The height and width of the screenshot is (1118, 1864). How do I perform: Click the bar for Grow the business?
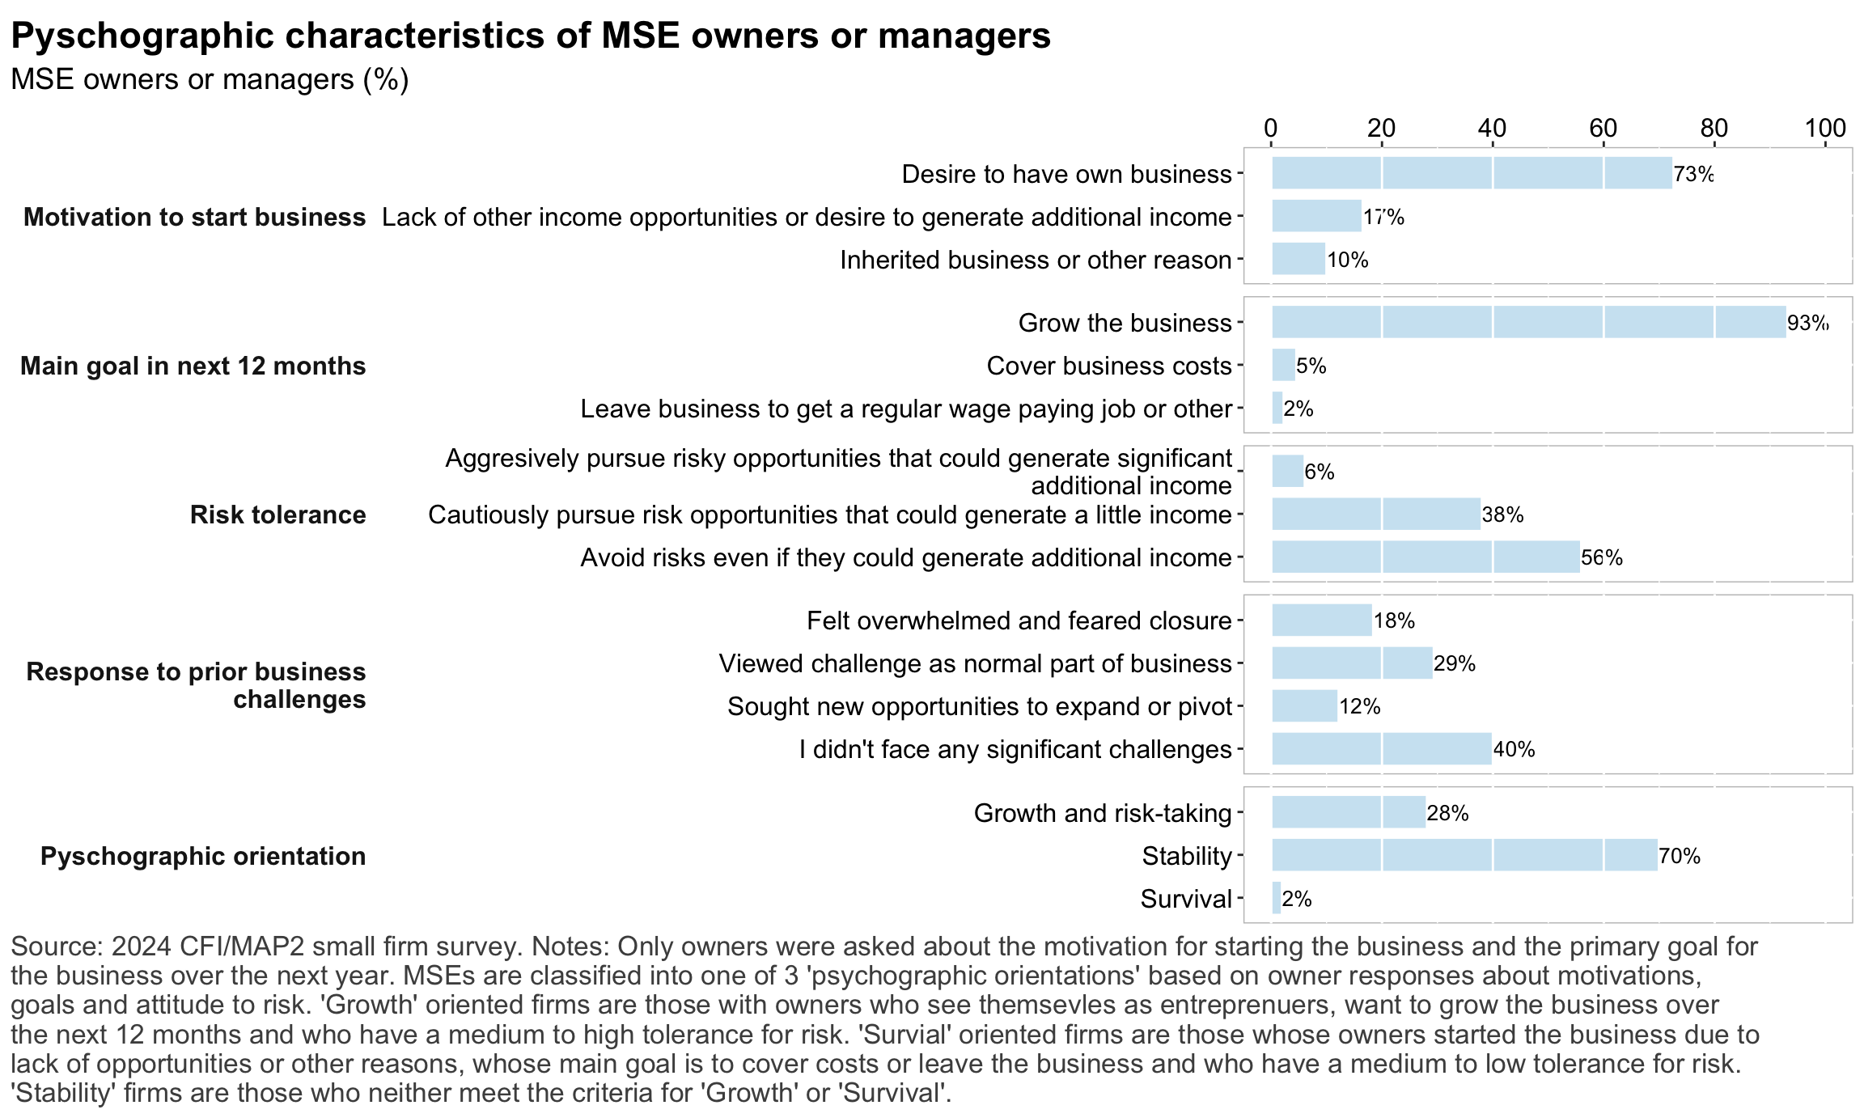coord(1528,322)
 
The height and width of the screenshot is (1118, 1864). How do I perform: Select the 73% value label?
coord(1693,174)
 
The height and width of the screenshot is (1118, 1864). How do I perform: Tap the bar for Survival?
coord(1276,898)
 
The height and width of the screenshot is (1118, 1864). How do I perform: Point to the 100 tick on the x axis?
coord(1825,128)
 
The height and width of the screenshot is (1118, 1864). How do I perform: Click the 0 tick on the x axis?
coord(1271,128)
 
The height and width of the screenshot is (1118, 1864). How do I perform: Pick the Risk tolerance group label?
coord(277,515)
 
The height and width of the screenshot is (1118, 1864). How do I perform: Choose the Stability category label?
coord(1186,856)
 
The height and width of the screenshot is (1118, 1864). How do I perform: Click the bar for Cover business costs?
coord(1283,365)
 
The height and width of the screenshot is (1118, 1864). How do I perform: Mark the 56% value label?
coord(1601,557)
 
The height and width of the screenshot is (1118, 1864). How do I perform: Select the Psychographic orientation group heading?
coord(203,856)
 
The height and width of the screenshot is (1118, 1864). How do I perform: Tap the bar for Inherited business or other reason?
coord(1298,259)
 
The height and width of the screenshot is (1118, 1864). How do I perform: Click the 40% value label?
coord(1514,749)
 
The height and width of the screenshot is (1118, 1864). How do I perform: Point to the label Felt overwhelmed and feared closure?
coord(1019,620)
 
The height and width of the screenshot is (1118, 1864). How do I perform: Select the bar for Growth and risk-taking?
coord(1349,812)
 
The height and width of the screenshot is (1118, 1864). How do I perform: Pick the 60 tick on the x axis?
coord(1603,128)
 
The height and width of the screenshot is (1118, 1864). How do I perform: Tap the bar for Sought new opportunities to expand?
coord(1304,705)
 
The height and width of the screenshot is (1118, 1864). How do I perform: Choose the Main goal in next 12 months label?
coord(193,366)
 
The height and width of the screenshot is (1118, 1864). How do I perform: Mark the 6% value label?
coord(1319,472)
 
